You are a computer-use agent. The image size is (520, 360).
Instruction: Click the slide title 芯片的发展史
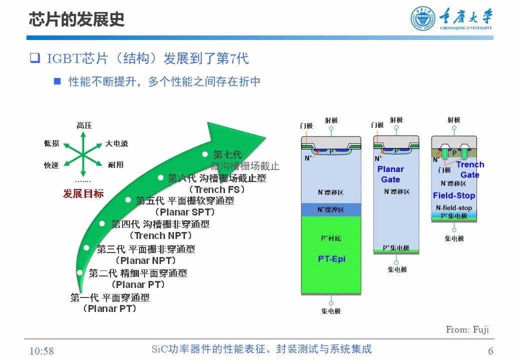click(76, 19)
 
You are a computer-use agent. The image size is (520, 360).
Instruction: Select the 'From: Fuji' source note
click(467, 329)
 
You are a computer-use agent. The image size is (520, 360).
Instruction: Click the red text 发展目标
click(83, 193)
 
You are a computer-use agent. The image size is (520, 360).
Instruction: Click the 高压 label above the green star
click(84, 125)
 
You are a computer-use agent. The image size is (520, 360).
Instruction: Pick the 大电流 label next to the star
click(116, 143)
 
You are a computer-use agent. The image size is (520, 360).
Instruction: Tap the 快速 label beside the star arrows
click(51, 165)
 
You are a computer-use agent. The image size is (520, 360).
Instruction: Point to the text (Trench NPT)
click(160, 235)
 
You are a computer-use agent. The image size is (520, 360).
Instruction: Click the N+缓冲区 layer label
click(331, 209)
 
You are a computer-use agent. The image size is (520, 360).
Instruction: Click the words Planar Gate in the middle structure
click(390, 174)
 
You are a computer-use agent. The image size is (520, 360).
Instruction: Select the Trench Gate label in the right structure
click(470, 169)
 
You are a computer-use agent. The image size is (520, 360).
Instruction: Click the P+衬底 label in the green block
click(331, 238)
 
